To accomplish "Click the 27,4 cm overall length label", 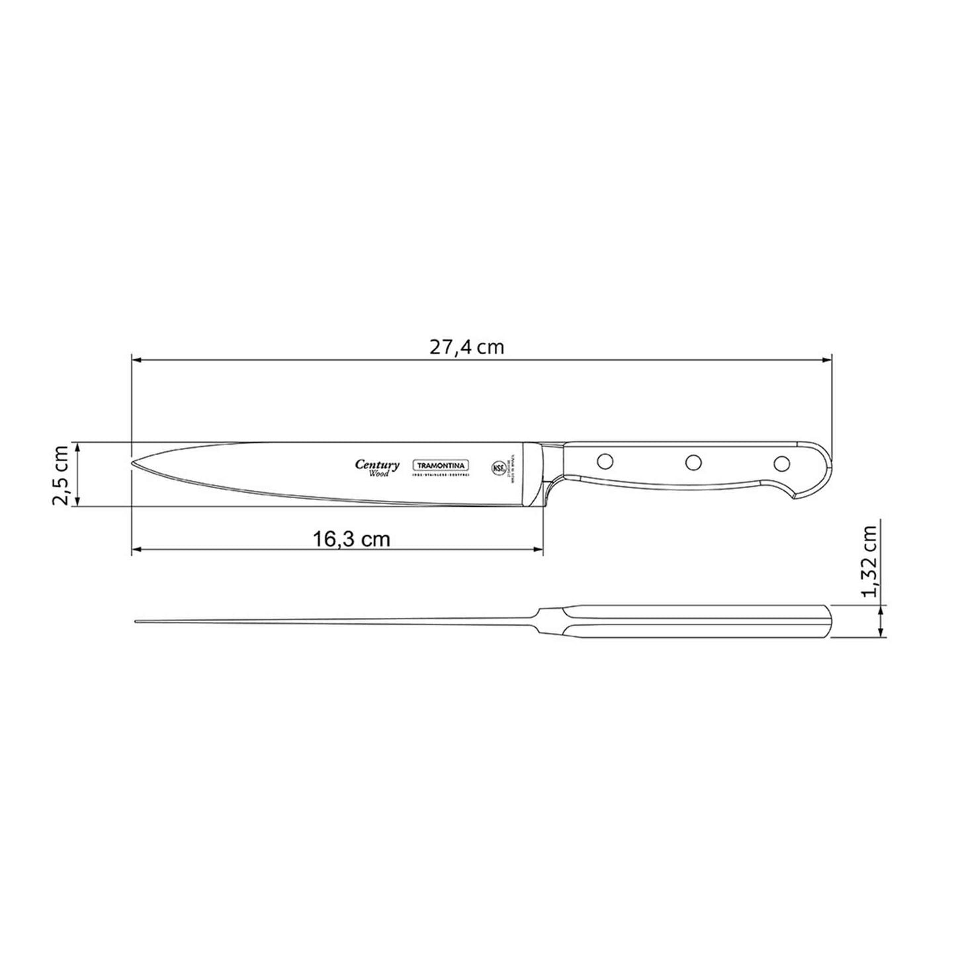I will point(467,347).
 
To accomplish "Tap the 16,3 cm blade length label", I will point(351,539).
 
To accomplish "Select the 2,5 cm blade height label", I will point(61,474).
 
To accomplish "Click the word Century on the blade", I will point(377,464).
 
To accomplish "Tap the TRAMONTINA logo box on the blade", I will point(441,466).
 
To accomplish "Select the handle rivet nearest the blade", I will point(603,459).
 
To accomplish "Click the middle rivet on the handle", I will point(693,462).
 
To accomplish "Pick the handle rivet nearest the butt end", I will point(782,462).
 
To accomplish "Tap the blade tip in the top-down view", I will point(136,621).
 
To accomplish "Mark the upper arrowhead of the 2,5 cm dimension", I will point(78,447).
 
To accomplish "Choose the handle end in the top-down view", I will point(828,622).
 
